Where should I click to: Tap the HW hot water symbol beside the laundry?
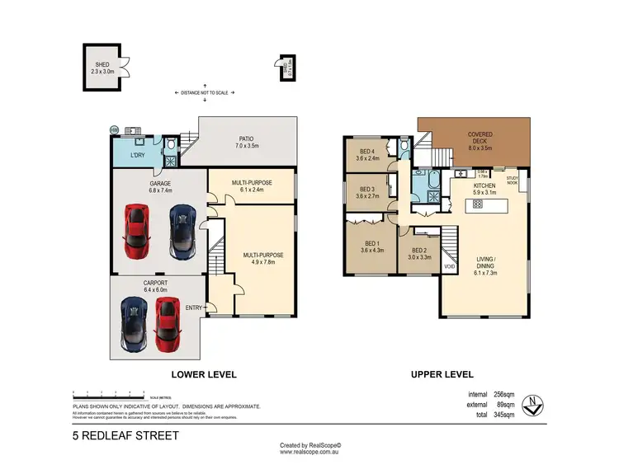pyautogui.click(x=115, y=129)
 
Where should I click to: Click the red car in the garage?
pyautogui.click(x=136, y=229)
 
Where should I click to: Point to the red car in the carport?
pyautogui.click(x=167, y=324)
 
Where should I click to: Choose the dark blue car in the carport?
pyautogui.click(x=132, y=324)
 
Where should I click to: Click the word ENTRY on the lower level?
pyautogui.click(x=193, y=308)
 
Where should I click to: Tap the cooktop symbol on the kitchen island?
pyautogui.click(x=478, y=202)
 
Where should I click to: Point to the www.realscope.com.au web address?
pyautogui.click(x=309, y=452)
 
